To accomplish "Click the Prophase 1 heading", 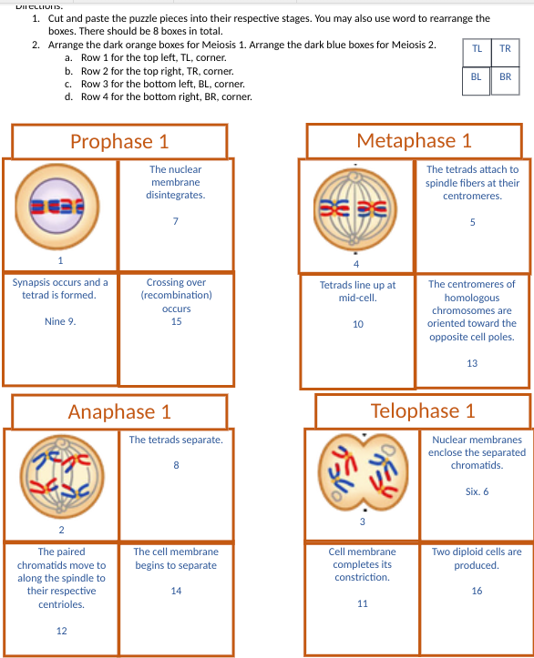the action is click(119, 141).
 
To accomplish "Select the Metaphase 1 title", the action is click(415, 140).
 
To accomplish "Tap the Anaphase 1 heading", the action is click(119, 411).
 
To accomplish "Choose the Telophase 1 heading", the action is click(423, 410).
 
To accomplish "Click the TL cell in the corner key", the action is click(477, 53).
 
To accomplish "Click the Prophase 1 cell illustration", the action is click(57, 207).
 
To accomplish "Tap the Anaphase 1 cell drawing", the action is click(62, 476).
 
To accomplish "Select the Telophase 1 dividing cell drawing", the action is click(363, 472).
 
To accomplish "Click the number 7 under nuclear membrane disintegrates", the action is click(176, 221).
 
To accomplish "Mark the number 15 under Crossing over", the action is click(177, 321).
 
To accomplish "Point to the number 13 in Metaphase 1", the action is click(472, 363).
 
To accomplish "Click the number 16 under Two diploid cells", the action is click(477, 591).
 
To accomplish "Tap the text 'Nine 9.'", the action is click(60, 321).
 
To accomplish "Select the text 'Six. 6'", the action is click(477, 491).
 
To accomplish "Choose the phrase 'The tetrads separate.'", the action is click(176, 440).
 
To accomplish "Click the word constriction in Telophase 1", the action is click(362, 577).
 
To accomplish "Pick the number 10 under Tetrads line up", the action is click(358, 324).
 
